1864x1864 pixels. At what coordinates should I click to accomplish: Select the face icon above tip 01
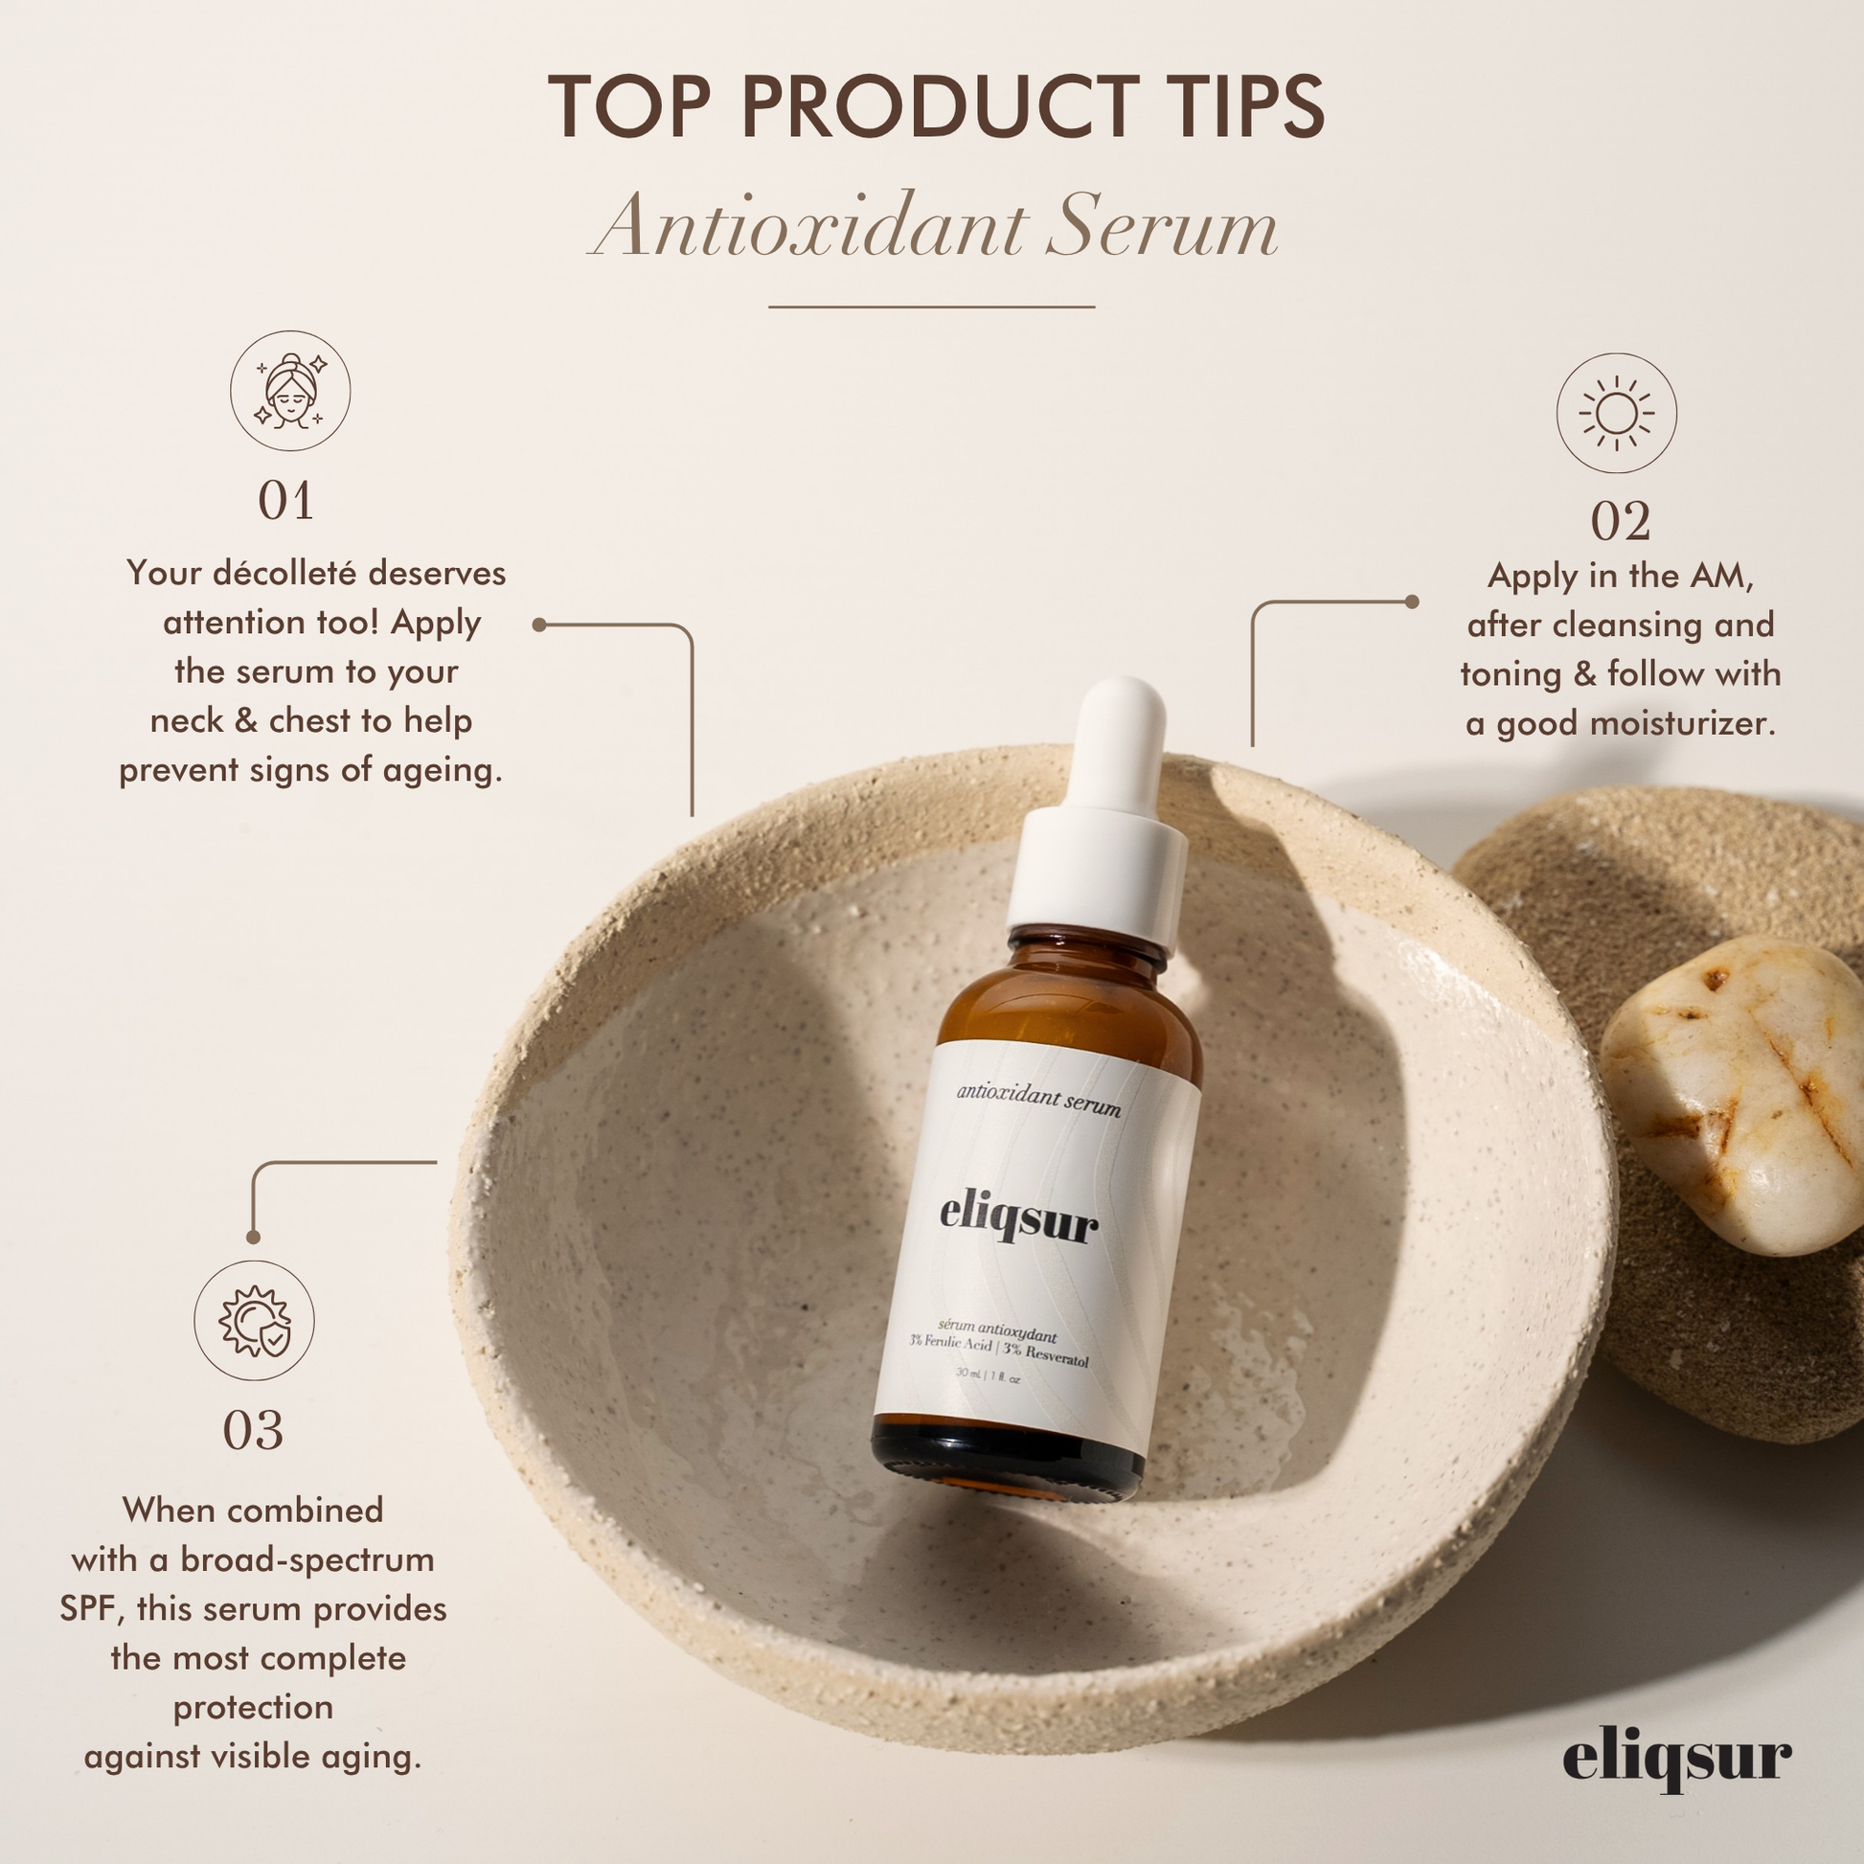[289, 391]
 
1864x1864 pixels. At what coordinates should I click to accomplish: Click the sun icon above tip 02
[1616, 413]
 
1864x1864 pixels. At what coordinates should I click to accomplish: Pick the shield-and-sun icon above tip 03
[254, 1321]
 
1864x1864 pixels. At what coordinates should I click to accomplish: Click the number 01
[285, 502]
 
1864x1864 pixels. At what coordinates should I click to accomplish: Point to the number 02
[1620, 523]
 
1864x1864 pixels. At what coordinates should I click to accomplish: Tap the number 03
[253, 1431]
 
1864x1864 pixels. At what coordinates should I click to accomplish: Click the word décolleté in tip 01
[284, 573]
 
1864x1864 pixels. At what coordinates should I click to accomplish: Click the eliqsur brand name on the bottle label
[1019, 1219]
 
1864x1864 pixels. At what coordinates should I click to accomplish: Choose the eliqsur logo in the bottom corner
[1678, 1758]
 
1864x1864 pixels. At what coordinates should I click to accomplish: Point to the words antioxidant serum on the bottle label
[1039, 1099]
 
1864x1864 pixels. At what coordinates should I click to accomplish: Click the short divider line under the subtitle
[931, 307]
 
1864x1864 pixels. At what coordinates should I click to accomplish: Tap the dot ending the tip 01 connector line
[539, 625]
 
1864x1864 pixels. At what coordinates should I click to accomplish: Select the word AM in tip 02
[1720, 576]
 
